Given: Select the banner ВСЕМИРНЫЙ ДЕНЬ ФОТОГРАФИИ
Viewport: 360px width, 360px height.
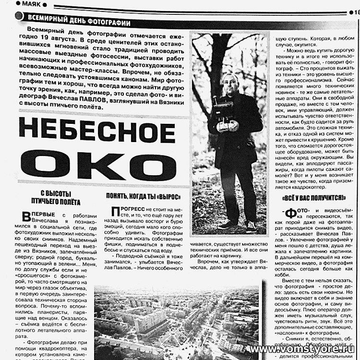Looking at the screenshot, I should tap(79, 23).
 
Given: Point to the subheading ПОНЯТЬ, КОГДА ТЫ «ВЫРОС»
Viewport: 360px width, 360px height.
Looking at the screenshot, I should tap(143, 197).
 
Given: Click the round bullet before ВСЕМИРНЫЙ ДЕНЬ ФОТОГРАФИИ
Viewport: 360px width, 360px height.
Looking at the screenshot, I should tap(19, 16).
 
